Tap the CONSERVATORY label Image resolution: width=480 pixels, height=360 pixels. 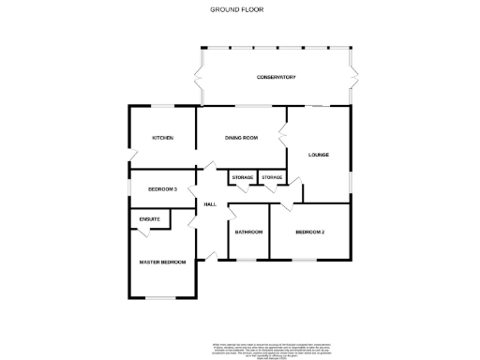click(x=277, y=77)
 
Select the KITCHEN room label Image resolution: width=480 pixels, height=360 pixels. click(x=162, y=138)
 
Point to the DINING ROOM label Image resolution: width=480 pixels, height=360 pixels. click(x=241, y=138)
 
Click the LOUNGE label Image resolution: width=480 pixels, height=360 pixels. click(x=319, y=154)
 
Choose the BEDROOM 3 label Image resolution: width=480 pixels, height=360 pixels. click(x=162, y=189)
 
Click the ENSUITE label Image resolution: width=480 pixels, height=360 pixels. click(x=150, y=219)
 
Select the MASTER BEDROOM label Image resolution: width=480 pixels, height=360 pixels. click(x=162, y=262)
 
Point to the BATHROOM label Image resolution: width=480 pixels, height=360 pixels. click(x=248, y=232)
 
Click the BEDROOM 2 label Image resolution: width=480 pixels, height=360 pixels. click(x=309, y=232)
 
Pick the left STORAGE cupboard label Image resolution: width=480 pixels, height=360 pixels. click(x=242, y=177)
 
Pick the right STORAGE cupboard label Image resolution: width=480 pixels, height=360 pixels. click(x=273, y=177)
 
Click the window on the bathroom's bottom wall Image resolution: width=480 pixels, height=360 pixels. click(x=248, y=258)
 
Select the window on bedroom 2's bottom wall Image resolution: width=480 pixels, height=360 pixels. click(x=309, y=258)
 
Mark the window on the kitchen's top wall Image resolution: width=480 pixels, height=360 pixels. click(x=162, y=106)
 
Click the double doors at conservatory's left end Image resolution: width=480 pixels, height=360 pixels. click(x=198, y=77)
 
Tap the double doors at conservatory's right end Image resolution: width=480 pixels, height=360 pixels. click(x=352, y=77)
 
